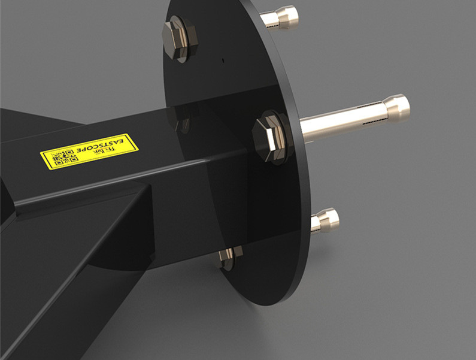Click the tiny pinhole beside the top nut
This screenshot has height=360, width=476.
(x=222, y=60)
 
